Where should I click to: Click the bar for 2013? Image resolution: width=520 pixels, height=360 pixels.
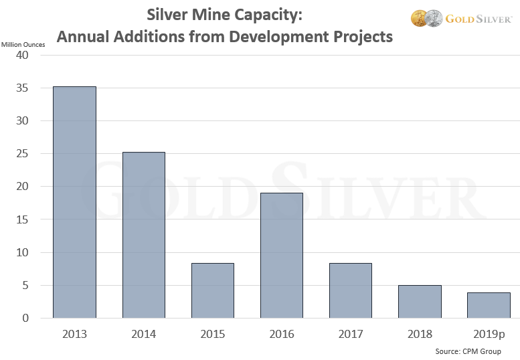tap(74, 202)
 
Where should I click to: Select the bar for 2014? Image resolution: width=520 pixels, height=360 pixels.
tap(143, 235)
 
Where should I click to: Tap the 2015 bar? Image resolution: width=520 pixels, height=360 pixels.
tap(212, 290)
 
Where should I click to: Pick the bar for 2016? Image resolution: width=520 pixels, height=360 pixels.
tap(281, 256)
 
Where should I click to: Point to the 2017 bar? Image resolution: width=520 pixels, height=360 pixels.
tap(350, 290)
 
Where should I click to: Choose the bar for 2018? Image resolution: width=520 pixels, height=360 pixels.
tap(420, 301)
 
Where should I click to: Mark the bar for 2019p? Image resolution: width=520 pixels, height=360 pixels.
tap(489, 305)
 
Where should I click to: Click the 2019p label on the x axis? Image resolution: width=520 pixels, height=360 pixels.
tap(489, 334)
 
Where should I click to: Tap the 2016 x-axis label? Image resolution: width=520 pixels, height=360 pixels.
tap(281, 334)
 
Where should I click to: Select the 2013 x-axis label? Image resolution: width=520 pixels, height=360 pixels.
tap(74, 334)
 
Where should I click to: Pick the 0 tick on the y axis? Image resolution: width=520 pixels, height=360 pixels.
tap(25, 319)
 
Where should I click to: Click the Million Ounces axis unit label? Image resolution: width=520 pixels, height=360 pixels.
tap(23, 44)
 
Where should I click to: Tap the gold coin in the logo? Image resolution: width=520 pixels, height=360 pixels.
tap(419, 18)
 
